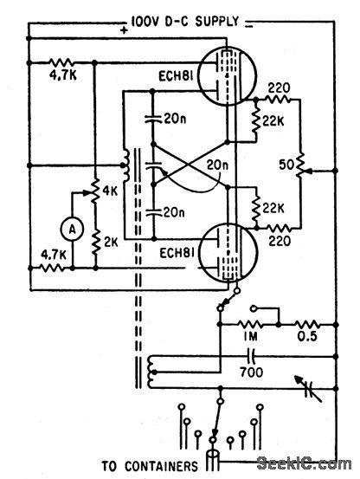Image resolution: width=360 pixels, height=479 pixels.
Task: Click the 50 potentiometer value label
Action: (x=286, y=164)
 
